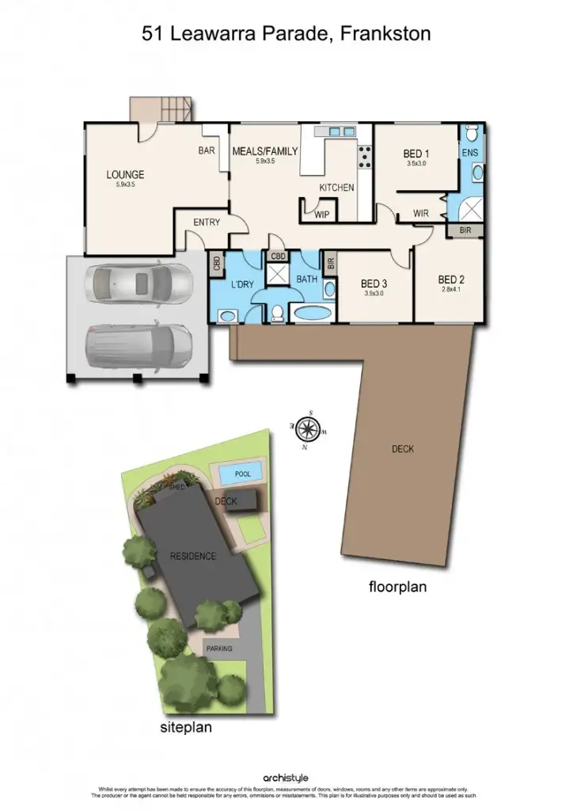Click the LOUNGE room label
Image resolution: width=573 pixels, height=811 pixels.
point(125,174)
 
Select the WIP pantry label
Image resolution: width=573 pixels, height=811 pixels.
point(322,213)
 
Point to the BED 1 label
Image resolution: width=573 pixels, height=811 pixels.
point(416,154)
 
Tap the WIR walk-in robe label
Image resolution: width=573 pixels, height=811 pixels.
point(422,212)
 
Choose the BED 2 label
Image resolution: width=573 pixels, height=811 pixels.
point(450,279)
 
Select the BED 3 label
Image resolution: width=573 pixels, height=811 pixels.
point(373,284)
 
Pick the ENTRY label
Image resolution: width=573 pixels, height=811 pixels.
point(207,223)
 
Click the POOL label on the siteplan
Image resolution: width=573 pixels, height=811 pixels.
point(242,474)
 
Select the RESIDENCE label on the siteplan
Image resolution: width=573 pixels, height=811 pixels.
point(193,556)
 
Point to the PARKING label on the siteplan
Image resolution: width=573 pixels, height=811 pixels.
point(219,648)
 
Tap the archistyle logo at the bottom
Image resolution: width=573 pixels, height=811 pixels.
point(286,779)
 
